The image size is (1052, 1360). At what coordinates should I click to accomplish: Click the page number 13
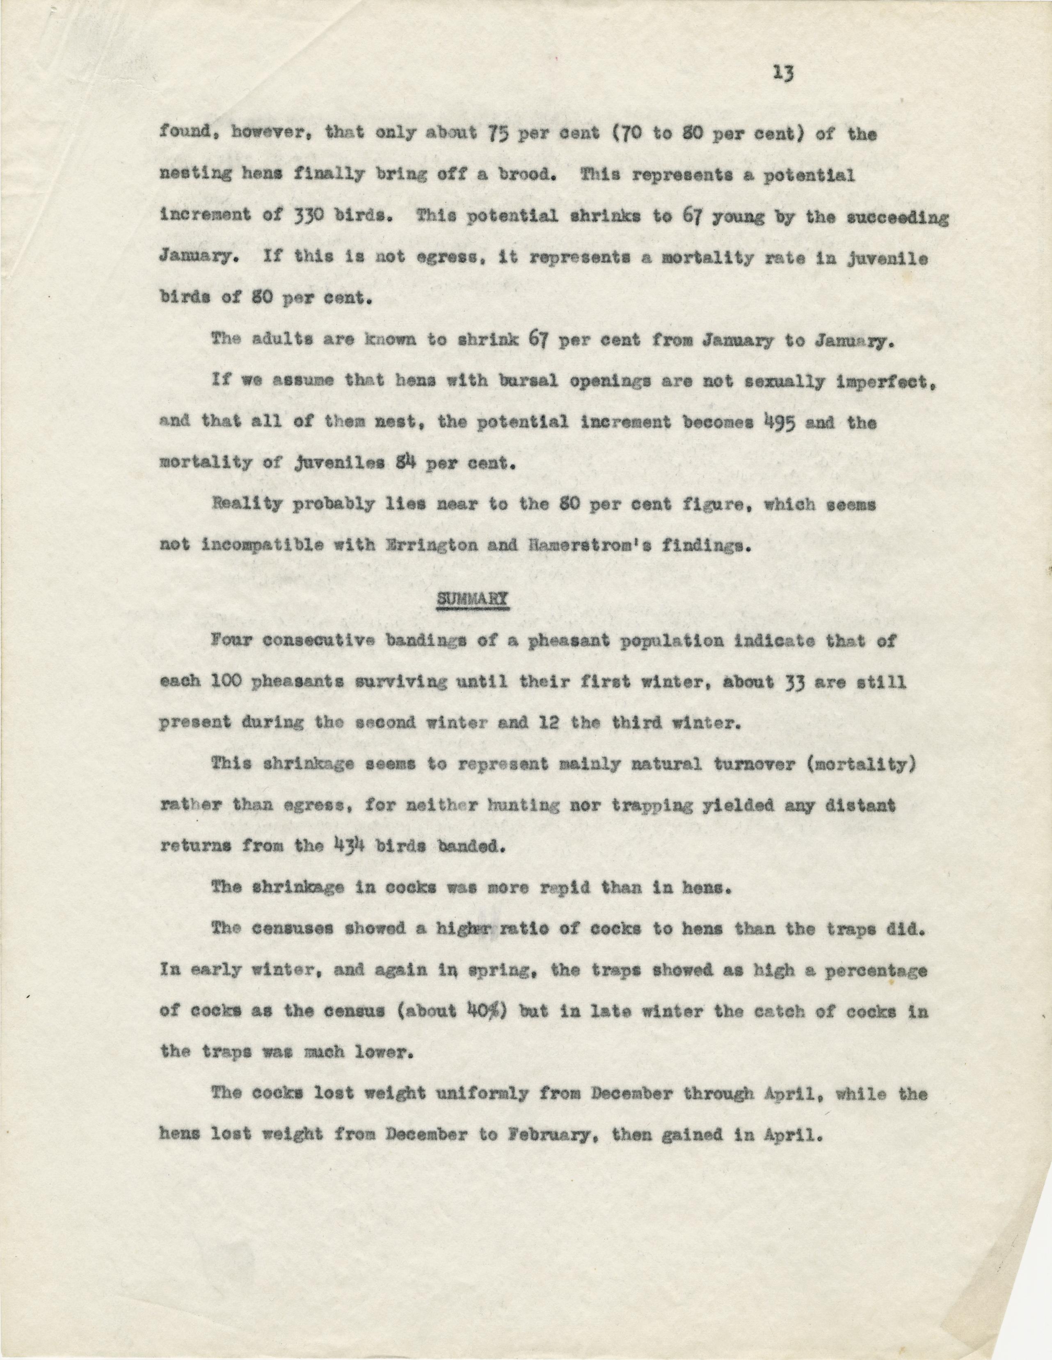tap(783, 74)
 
